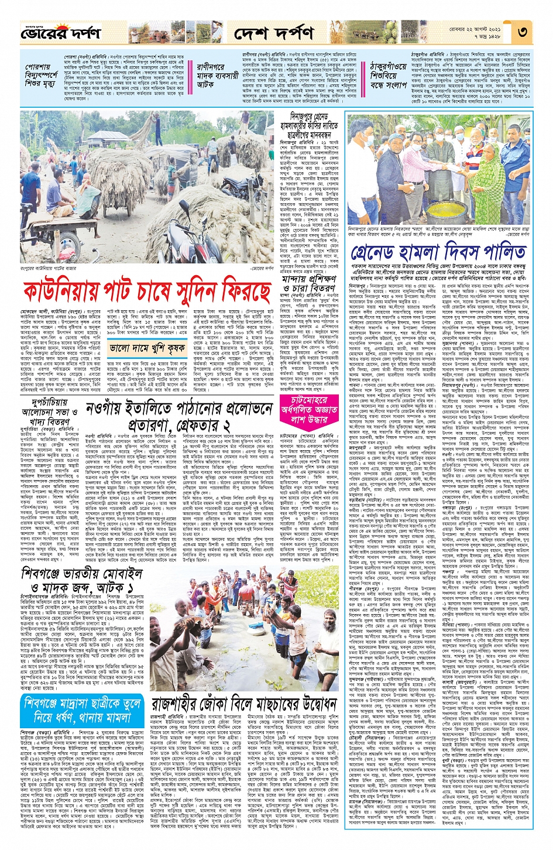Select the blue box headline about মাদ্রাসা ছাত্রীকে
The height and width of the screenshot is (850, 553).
point(82,710)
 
